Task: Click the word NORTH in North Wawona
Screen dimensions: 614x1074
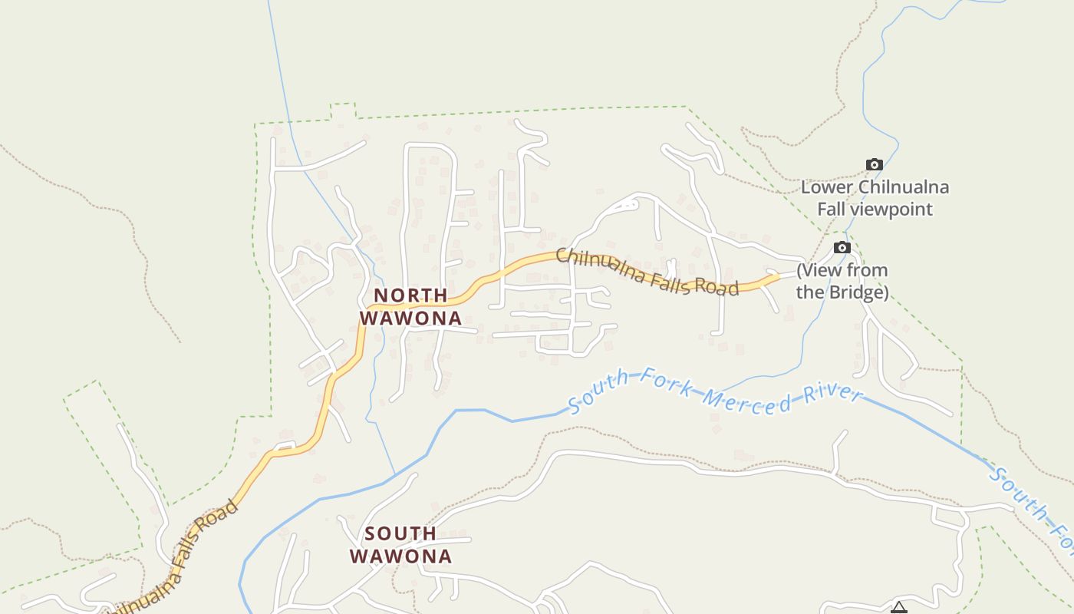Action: (410, 295)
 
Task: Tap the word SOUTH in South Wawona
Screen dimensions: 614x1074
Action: (400, 533)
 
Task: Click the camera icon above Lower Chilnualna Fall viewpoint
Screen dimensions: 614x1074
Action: (874, 164)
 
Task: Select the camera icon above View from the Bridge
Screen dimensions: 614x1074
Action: (842, 247)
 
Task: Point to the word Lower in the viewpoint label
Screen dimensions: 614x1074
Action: (827, 187)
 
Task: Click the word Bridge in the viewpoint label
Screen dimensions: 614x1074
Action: (856, 292)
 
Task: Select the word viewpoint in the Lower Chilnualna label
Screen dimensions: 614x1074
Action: (893, 209)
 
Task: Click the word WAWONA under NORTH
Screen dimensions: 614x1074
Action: (410, 318)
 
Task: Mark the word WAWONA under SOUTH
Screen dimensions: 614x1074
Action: (400, 556)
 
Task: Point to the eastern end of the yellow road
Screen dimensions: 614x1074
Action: (777, 276)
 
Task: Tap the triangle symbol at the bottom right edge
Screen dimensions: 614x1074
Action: (898, 609)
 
